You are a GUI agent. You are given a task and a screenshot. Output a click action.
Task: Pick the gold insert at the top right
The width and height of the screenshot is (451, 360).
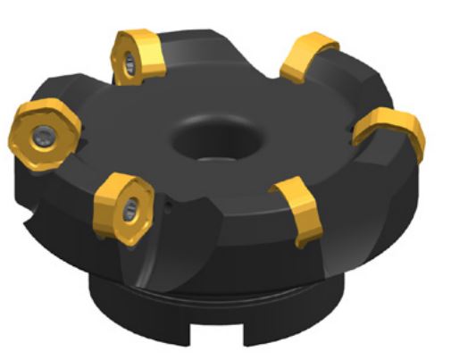308,56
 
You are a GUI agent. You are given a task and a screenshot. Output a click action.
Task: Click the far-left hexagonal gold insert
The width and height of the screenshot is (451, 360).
44,131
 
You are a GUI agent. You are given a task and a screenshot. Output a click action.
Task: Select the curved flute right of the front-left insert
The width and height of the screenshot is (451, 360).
192,232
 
